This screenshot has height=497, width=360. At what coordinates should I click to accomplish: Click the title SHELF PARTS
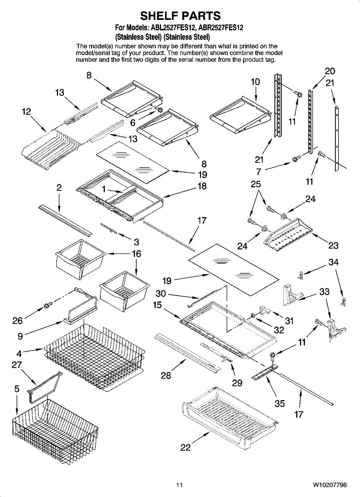[180, 16]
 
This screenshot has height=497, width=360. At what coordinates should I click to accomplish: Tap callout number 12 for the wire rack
[27, 111]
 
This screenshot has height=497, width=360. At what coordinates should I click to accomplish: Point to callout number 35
[280, 403]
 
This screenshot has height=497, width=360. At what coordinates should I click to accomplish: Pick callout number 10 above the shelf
[256, 82]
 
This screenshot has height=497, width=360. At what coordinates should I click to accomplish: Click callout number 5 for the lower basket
[17, 389]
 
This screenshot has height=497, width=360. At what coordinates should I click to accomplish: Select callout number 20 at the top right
[330, 71]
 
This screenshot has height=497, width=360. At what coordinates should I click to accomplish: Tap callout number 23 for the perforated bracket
[333, 246]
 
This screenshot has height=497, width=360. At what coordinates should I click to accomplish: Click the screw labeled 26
[48, 306]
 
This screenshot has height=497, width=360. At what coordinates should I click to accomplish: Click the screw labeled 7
[296, 159]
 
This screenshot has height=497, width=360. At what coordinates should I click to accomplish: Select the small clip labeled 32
[253, 315]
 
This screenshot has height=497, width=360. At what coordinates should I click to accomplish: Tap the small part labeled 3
[109, 228]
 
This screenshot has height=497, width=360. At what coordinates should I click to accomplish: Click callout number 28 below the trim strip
[166, 376]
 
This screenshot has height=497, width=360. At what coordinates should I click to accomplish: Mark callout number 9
[20, 336]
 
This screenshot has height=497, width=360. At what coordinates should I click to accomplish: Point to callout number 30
[161, 294]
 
